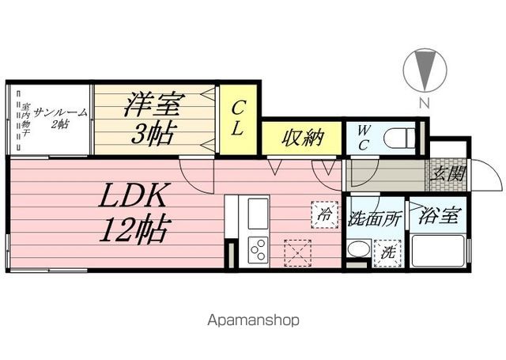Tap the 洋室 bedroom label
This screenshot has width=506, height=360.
[x=154, y=104]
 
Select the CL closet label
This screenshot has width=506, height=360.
[x=238, y=118]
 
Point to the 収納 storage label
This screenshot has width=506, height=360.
[x=302, y=138]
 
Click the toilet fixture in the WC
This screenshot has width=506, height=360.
[x=399, y=138]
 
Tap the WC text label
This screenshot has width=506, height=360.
[x=363, y=138]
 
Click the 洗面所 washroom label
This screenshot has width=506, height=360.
[x=374, y=219]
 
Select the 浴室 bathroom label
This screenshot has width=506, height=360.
[x=439, y=216]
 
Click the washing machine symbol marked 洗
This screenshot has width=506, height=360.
[x=387, y=253]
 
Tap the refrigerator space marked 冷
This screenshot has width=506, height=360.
[x=325, y=214]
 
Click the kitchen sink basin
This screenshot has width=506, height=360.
[x=258, y=214]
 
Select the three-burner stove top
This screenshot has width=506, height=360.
[x=258, y=250]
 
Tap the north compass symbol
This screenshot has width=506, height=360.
[x=425, y=70]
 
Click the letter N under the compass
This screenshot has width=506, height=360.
[x=425, y=103]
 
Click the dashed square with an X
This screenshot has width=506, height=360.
[x=297, y=253]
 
